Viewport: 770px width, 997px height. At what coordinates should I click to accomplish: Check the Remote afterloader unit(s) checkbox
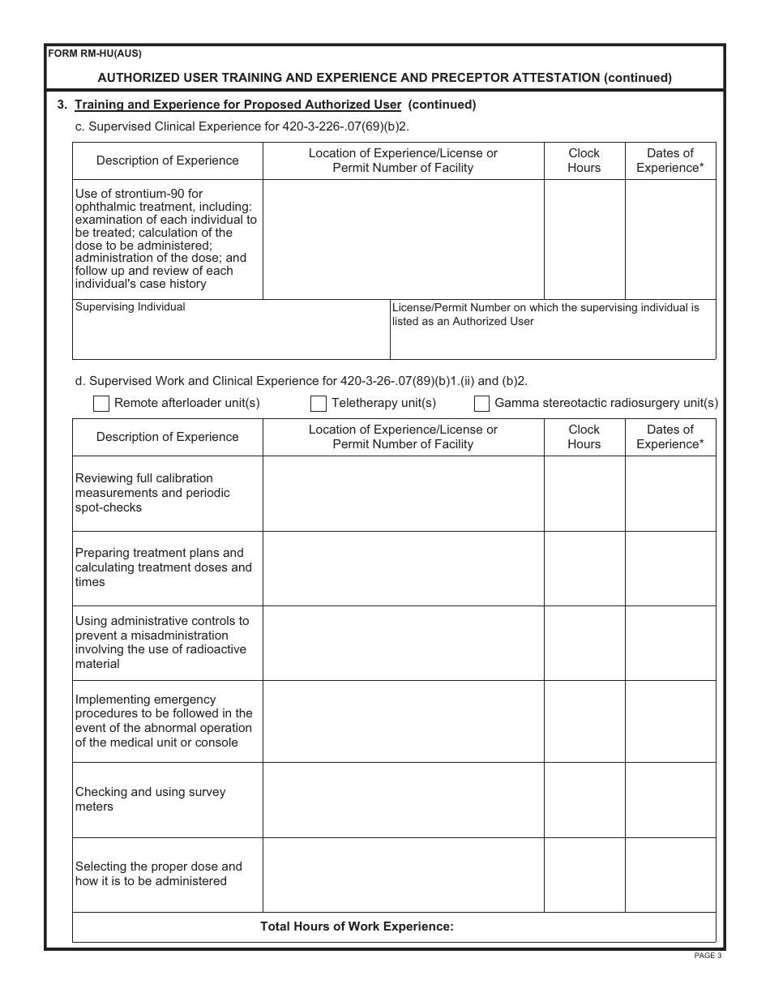(101, 404)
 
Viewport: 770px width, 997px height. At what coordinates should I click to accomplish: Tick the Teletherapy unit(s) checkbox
(319, 404)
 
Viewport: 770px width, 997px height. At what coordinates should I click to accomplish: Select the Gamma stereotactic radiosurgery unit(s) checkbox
(481, 404)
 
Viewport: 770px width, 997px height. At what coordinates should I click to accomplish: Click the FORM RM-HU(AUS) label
(95, 54)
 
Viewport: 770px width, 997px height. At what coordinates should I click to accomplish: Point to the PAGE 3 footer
(707, 956)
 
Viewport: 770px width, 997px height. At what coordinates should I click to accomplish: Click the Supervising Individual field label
(130, 307)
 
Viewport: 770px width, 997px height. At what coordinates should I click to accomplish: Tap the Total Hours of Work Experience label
(357, 926)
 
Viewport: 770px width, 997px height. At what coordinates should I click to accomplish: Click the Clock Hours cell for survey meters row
(584, 799)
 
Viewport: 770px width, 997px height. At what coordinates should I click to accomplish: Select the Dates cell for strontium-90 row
(670, 239)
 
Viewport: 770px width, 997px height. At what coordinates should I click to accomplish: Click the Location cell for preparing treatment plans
(403, 568)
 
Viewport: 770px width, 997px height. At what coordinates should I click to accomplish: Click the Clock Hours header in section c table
(584, 160)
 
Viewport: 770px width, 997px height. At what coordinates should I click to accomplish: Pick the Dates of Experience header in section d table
(670, 437)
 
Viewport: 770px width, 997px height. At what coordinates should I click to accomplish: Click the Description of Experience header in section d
(167, 437)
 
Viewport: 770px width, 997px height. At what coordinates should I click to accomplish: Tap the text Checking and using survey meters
(150, 799)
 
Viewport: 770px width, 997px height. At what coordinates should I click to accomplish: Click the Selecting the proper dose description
(158, 874)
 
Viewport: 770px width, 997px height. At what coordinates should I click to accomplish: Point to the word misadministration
(179, 635)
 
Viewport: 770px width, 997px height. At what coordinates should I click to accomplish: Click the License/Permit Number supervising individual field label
(545, 315)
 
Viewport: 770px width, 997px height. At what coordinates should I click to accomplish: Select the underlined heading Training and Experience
(237, 105)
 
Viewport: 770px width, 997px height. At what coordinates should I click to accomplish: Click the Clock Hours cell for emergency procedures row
(584, 721)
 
